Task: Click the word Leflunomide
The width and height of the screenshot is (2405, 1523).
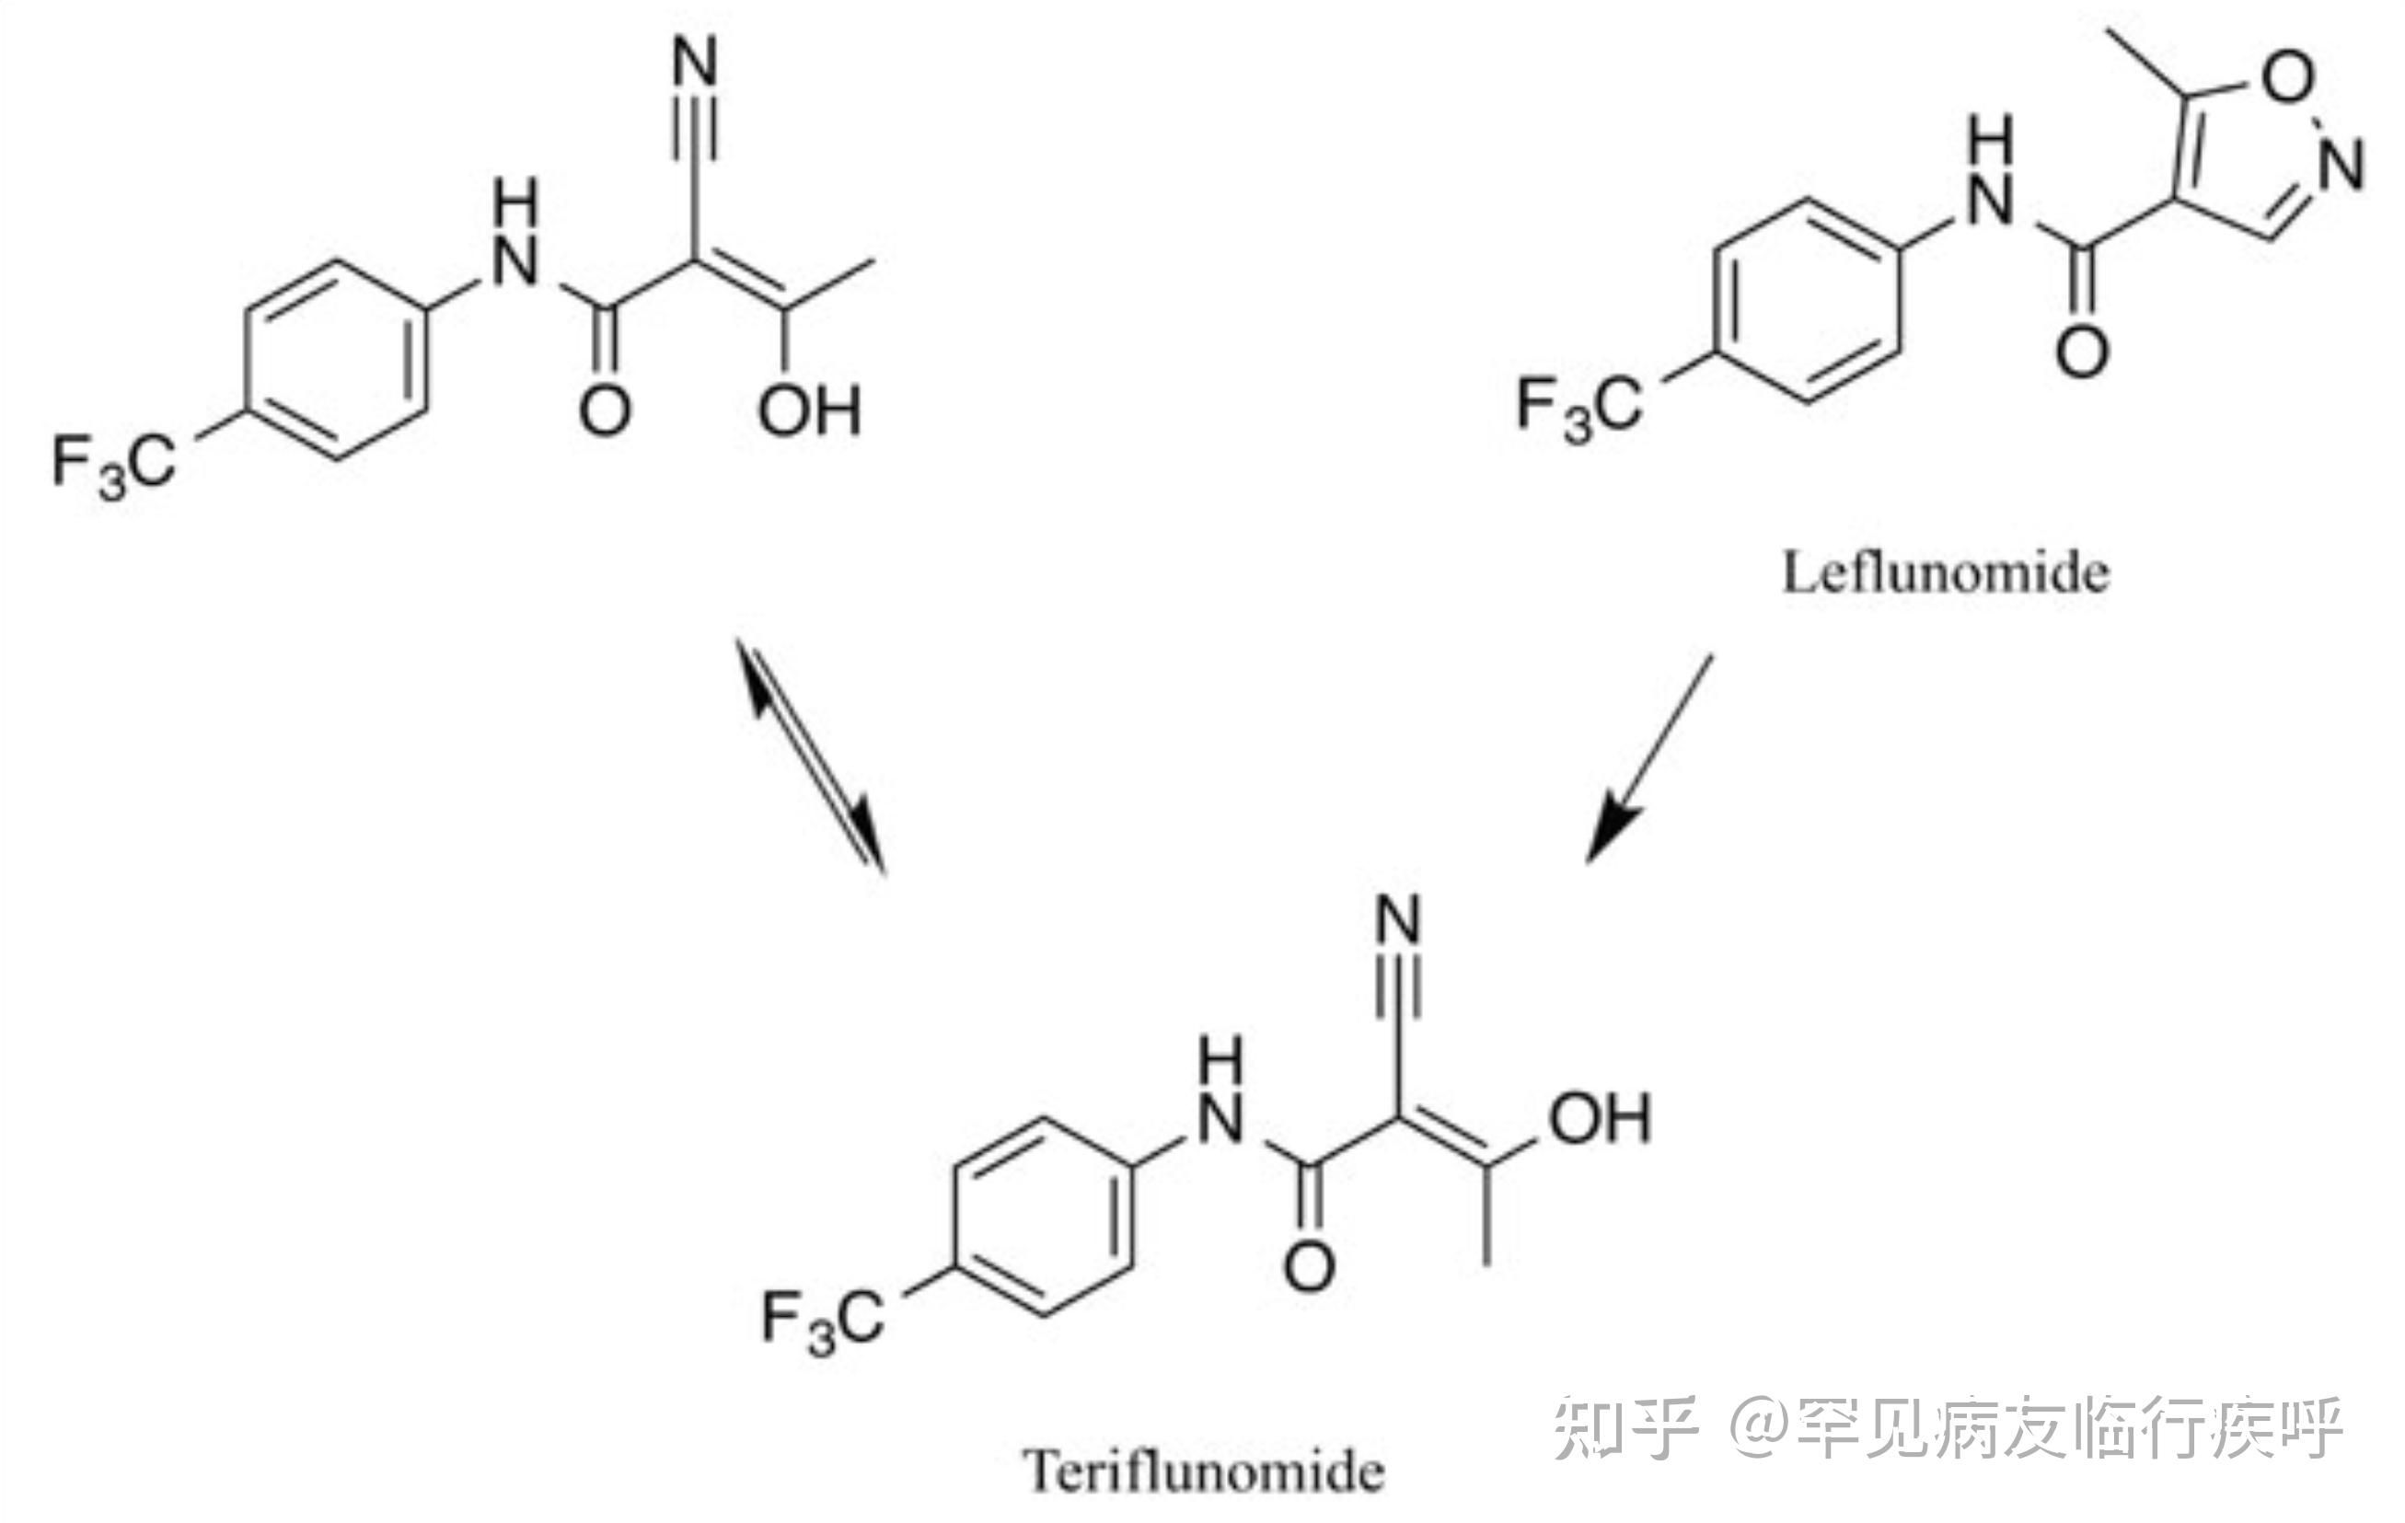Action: point(1945,574)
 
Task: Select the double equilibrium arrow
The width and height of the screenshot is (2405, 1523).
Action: point(810,756)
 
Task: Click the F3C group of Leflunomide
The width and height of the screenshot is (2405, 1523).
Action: point(1578,407)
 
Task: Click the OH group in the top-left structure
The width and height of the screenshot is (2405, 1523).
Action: point(809,410)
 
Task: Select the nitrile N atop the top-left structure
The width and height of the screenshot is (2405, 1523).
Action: point(696,63)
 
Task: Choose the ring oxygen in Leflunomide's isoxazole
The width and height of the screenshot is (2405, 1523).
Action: point(2287,77)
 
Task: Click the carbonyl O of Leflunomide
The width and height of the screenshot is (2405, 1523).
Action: point(2083,352)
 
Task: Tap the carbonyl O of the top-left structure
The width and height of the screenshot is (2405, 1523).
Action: point(605,410)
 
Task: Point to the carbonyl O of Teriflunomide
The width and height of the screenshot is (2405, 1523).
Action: point(1309,1267)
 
